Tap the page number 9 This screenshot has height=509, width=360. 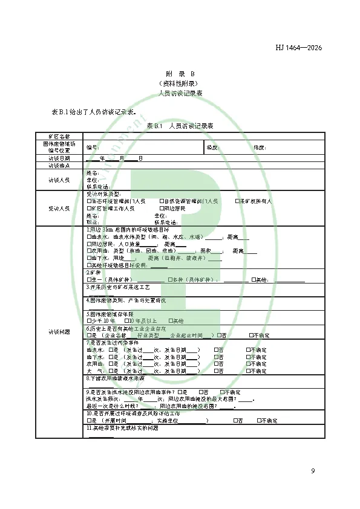tap(313, 471)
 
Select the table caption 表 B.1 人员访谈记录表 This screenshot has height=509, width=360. tap(180, 126)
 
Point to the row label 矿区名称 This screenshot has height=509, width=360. tap(59, 136)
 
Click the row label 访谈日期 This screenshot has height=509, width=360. tap(59, 158)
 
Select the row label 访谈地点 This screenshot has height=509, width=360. tap(59, 165)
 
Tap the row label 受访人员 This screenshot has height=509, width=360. tap(59, 208)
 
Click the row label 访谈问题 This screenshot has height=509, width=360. tap(59, 331)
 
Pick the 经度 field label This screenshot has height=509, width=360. tap(212, 147)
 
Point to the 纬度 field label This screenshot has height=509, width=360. tap(260, 147)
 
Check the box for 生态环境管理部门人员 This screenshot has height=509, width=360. tap(89, 201)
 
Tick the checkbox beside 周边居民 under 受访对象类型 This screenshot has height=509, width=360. tap(162, 208)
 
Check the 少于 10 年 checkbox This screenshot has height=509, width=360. tap(89, 320)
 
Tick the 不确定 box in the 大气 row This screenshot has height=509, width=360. tap(248, 372)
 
